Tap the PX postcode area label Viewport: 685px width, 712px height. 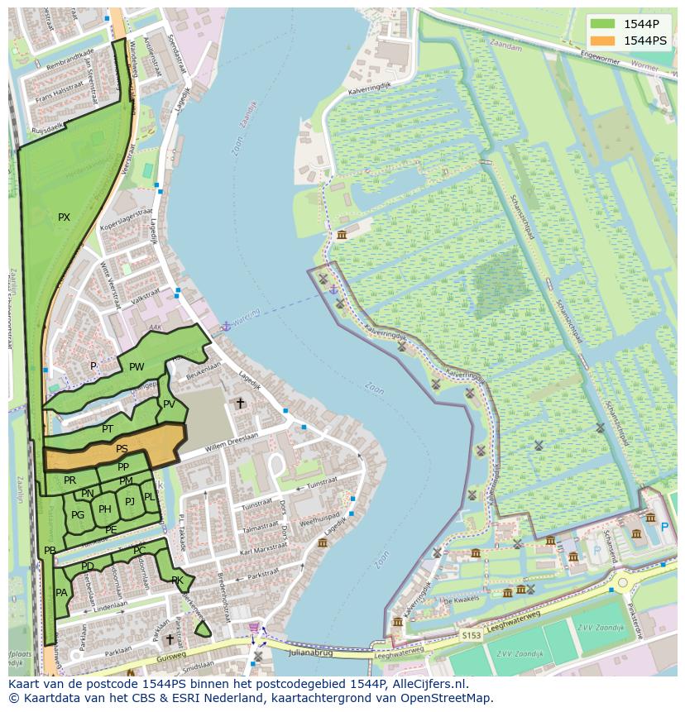tap(64, 217)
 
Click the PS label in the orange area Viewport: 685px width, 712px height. tap(122, 449)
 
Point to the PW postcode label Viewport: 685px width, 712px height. tap(137, 367)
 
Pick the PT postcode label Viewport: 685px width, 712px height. tap(108, 429)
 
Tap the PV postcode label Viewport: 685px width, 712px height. tap(169, 404)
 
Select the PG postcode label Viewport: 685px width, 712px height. tap(78, 515)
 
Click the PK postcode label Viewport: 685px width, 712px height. tap(176, 581)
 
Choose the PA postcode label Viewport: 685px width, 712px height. tap(61, 593)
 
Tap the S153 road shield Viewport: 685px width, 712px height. tap(471, 635)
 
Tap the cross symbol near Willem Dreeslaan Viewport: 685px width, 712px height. tap(241, 403)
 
